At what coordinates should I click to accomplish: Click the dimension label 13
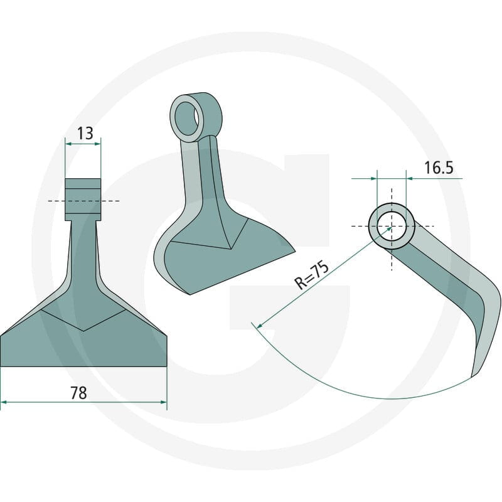click(x=85, y=133)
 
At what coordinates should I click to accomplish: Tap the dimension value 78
click(x=79, y=393)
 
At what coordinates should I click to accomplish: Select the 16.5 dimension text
click(x=439, y=168)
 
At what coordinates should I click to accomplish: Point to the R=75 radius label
click(x=311, y=275)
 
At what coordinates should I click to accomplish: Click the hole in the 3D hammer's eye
click(x=186, y=118)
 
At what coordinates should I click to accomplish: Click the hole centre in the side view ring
click(x=392, y=227)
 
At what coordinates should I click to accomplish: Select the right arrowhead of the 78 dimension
click(x=164, y=402)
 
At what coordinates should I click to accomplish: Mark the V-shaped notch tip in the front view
click(x=83, y=331)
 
